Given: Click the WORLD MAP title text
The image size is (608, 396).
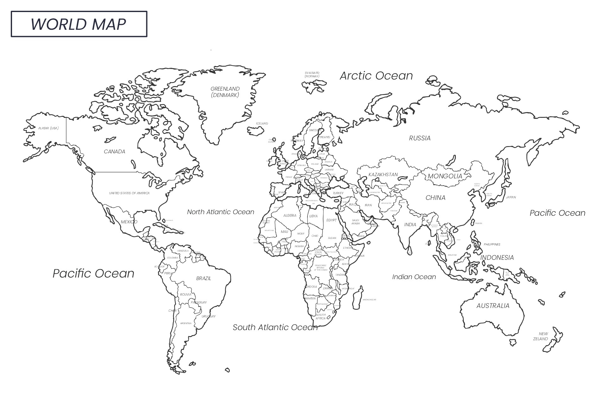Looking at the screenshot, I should click(78, 24).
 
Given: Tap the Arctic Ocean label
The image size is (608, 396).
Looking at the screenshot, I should click(376, 76).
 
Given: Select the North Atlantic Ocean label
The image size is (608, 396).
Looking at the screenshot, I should click(220, 212).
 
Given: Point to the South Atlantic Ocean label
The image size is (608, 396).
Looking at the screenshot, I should click(275, 327).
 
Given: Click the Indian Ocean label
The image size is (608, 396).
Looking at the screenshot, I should click(414, 277).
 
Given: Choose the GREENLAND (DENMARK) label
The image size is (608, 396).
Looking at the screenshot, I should click(225, 92).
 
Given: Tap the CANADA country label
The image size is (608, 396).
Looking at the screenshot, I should click(114, 151).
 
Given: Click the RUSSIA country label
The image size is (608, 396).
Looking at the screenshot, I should click(420, 138).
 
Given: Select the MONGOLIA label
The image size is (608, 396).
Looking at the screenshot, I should click(445, 176).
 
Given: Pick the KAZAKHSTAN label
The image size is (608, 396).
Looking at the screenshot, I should click(383, 175).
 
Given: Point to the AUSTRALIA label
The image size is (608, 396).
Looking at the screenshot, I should click(493, 306).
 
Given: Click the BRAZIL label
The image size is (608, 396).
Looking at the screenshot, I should click(203, 278).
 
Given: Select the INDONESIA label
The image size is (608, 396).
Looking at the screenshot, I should click(497, 258).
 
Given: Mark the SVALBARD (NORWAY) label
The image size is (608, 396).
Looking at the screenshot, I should click(312, 74).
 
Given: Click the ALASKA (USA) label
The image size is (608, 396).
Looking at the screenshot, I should click(48, 128).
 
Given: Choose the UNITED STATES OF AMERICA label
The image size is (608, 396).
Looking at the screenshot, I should click(129, 193).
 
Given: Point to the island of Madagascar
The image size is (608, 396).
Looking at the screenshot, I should click(358, 298).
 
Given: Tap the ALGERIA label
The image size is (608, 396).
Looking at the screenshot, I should click(289, 215).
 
